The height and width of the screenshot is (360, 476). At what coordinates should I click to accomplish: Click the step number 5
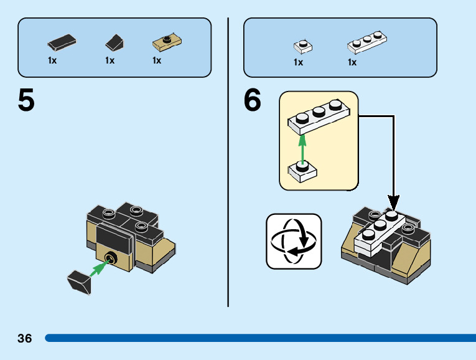click(x=26, y=100)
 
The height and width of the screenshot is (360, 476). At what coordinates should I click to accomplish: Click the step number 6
click(x=252, y=99)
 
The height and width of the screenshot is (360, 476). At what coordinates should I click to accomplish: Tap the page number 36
click(x=25, y=338)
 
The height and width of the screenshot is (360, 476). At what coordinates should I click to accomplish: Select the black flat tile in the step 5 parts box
click(x=62, y=42)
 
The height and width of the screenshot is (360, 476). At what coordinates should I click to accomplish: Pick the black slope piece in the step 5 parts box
click(x=114, y=43)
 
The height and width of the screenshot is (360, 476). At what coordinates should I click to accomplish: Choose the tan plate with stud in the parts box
click(x=167, y=43)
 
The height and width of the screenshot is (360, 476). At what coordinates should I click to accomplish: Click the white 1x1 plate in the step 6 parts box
click(x=303, y=47)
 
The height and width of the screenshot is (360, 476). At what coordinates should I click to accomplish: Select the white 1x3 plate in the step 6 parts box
click(x=367, y=42)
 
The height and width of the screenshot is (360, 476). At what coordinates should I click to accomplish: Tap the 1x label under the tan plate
click(x=157, y=60)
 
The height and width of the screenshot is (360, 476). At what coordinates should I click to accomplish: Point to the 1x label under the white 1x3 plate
click(x=352, y=62)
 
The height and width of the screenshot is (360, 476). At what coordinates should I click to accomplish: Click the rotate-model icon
click(x=294, y=241)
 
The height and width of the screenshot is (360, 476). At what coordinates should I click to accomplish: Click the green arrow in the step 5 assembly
click(x=99, y=268)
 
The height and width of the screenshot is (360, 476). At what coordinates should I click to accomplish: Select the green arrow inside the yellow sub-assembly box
click(x=302, y=149)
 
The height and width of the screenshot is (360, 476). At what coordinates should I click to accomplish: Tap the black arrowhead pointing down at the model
click(x=393, y=202)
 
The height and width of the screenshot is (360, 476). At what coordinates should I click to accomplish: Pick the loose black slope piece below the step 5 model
click(x=79, y=282)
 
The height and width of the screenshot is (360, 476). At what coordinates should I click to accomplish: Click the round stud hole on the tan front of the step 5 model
click(x=111, y=258)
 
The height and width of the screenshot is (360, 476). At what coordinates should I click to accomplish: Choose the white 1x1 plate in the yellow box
click(x=302, y=172)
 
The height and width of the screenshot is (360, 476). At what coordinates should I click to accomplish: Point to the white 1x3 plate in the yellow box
click(x=319, y=117)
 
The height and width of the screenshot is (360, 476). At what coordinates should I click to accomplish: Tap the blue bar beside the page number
click(x=261, y=338)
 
